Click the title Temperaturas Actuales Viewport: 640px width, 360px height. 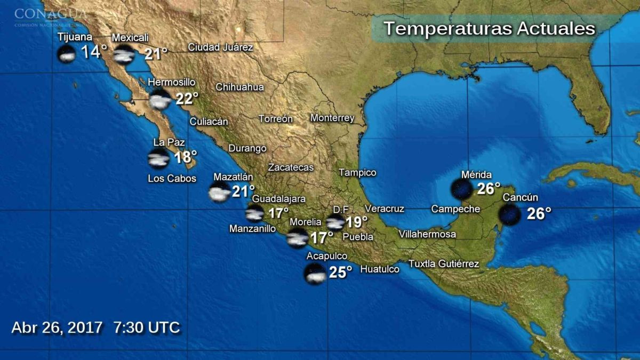click(x=489, y=28)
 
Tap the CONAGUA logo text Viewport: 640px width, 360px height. click(x=51, y=13)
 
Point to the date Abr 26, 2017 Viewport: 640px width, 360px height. click(x=57, y=327)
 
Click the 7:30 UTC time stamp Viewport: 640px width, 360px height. click(x=147, y=327)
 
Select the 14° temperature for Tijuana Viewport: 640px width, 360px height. click(x=94, y=52)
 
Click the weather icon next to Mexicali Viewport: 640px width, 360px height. click(x=124, y=54)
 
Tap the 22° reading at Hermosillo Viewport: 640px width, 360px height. click(x=187, y=99)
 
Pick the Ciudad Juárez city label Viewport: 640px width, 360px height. click(x=220, y=47)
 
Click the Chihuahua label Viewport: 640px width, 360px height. click(x=239, y=87)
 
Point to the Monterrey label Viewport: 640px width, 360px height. click(x=332, y=118)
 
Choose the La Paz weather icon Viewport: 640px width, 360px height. click(x=159, y=158)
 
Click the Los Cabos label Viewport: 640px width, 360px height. click(x=172, y=179)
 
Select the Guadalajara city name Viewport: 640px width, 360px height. click(x=278, y=199)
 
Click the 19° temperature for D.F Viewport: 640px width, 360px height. click(x=357, y=222)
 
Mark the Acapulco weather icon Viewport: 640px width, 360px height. click(x=315, y=274)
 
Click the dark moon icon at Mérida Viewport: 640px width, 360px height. click(x=461, y=189)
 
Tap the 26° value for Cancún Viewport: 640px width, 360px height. click(x=539, y=214)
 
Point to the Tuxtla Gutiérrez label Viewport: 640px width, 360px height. click(x=444, y=263)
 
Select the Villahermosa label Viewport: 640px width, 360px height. click(x=427, y=234)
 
